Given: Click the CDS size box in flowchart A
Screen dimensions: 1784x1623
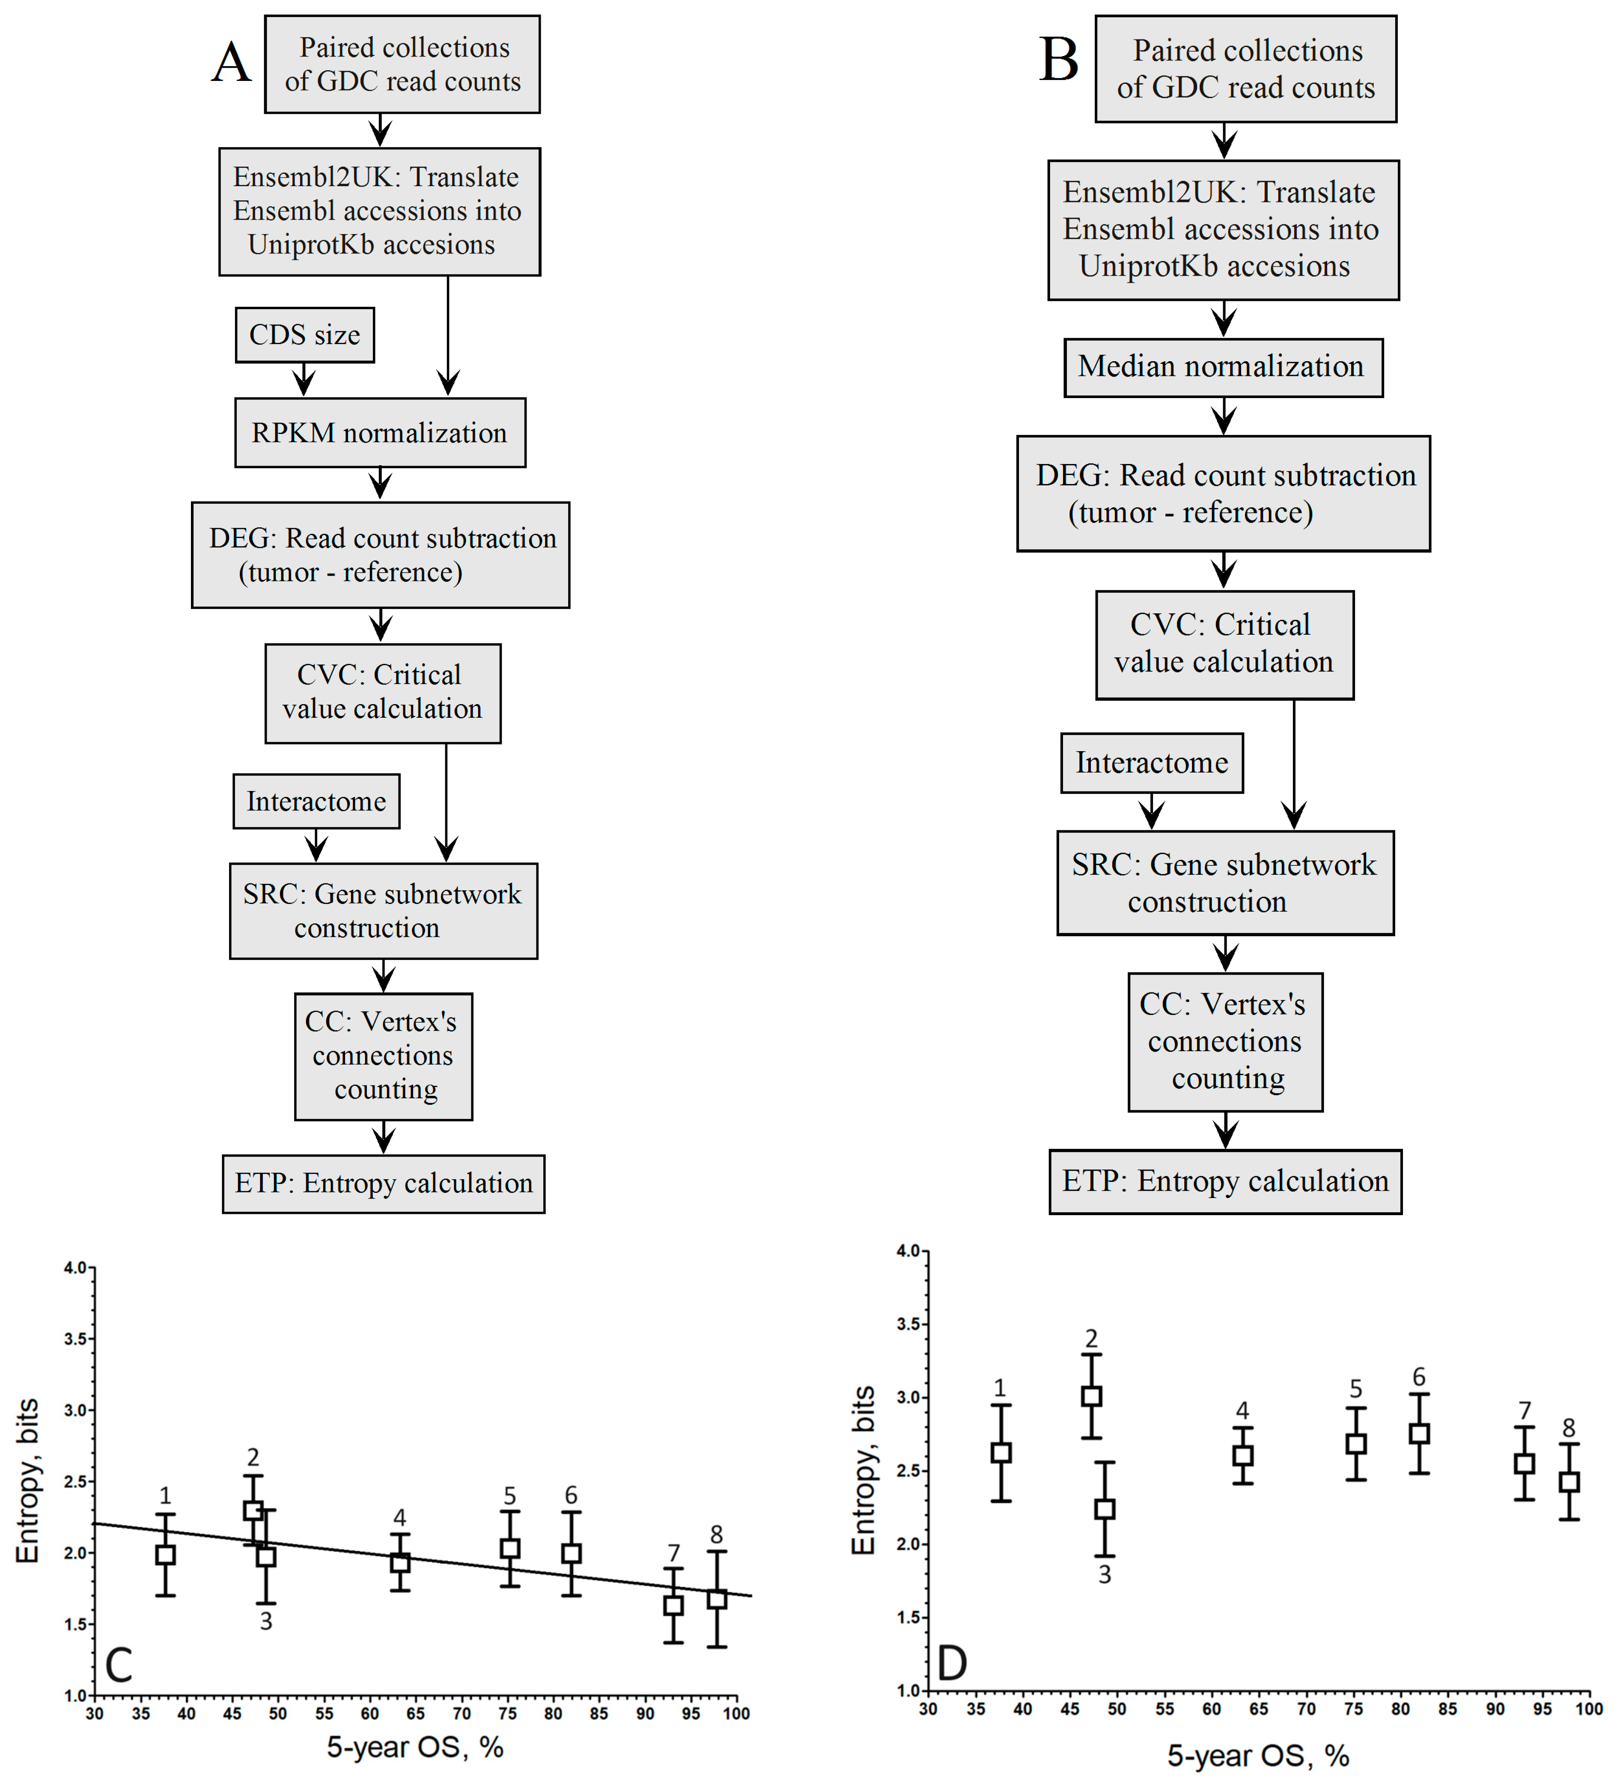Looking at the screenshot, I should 304,335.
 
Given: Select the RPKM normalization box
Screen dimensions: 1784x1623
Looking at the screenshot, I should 380,433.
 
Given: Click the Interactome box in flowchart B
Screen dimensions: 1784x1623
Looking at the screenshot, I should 1151,763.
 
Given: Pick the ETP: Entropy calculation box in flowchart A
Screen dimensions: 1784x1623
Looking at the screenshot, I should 383,1183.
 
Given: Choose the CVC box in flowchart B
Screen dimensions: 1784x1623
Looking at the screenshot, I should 1224,644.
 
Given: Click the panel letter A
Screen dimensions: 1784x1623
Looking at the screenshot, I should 232,64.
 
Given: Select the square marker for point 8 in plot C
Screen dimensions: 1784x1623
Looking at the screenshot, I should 717,1598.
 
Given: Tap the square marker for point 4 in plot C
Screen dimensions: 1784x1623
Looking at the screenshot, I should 400,1562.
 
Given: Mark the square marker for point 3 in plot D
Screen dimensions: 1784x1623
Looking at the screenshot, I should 1105,1509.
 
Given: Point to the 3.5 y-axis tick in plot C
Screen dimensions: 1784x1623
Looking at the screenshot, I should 76,1339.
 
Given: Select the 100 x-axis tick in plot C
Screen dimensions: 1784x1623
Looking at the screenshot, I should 736,1713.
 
